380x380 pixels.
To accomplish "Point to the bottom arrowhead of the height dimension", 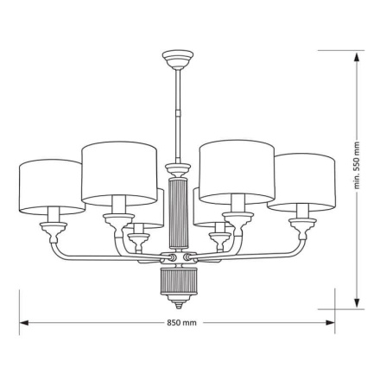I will (355, 304).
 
